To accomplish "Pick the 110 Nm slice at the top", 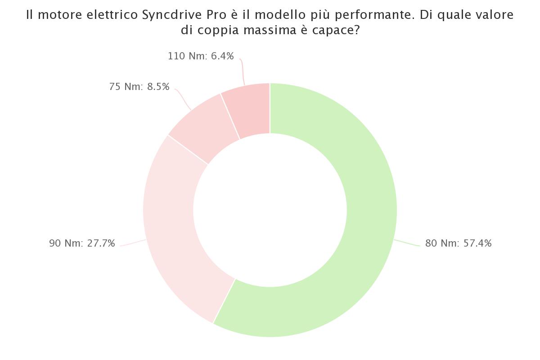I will pyautogui.click(x=250, y=110).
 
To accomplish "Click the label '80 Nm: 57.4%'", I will pyautogui.click(x=458, y=243).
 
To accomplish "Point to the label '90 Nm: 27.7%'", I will pyautogui.click(x=82, y=243).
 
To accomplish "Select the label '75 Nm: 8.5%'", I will pyautogui.click(x=139, y=86).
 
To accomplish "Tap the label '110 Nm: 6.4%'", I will pyautogui.click(x=201, y=56).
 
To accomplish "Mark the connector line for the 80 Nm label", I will pyautogui.click(x=407, y=243).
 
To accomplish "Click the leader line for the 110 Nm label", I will pyautogui.click(x=242, y=71).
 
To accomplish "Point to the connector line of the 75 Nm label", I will pyautogui.click(x=184, y=99).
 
